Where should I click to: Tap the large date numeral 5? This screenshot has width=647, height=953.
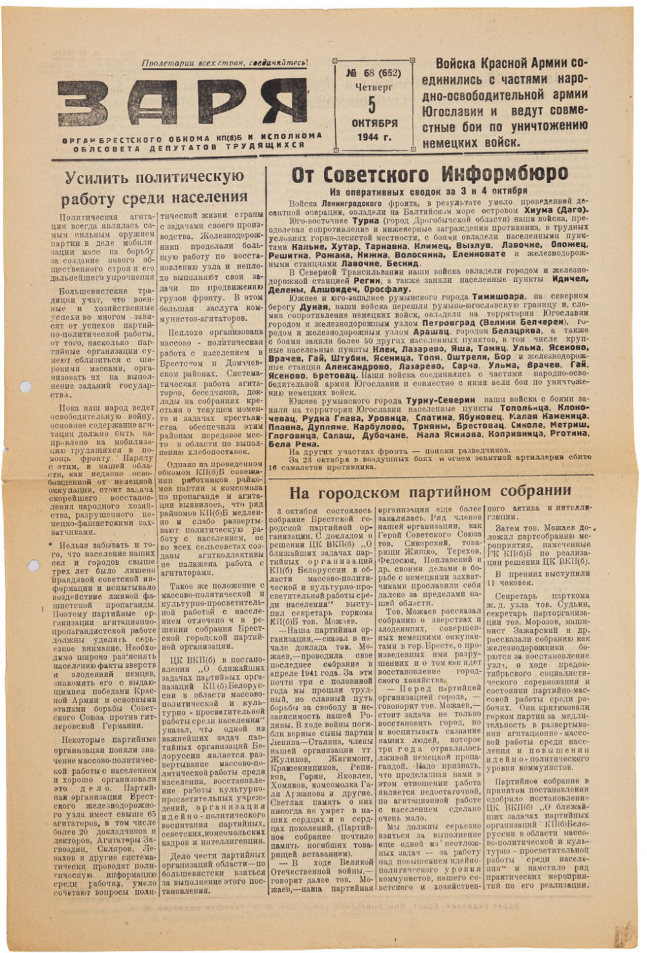tap(371, 104)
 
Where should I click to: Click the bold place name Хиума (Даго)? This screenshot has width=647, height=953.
tap(555, 210)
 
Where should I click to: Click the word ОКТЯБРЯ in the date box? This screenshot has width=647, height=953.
tap(373, 123)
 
